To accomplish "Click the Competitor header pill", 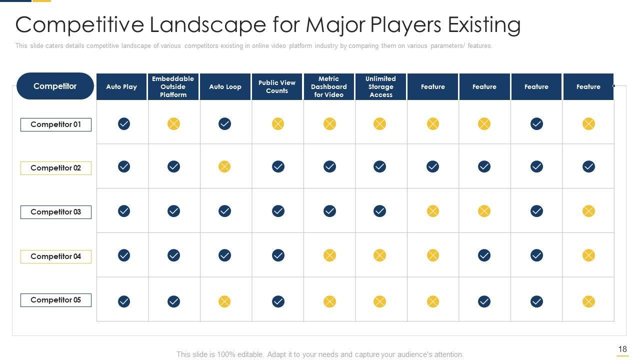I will point(55,86).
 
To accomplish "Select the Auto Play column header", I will point(121,86).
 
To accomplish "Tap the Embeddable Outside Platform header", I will point(173,86).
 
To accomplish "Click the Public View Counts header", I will point(277,86).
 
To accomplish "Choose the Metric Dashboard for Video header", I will point(328,86).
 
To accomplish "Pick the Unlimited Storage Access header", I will point(380,86).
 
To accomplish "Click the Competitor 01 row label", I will point(55,124).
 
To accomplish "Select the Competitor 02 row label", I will point(55,168).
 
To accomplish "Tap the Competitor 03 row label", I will point(55,212).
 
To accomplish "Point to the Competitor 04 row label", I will point(55,256).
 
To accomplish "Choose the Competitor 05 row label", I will point(55,300).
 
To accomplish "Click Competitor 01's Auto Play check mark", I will point(124,123).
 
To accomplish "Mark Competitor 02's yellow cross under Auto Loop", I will point(224,166).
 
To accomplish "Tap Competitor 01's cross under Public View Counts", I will point(278,123).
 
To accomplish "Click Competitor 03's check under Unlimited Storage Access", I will point(379,211).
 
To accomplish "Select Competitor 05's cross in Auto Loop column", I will point(224,301).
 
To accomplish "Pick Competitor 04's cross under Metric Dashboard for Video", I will point(329,255).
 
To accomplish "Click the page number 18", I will point(622,349).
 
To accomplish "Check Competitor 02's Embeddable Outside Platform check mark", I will point(173,166).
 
